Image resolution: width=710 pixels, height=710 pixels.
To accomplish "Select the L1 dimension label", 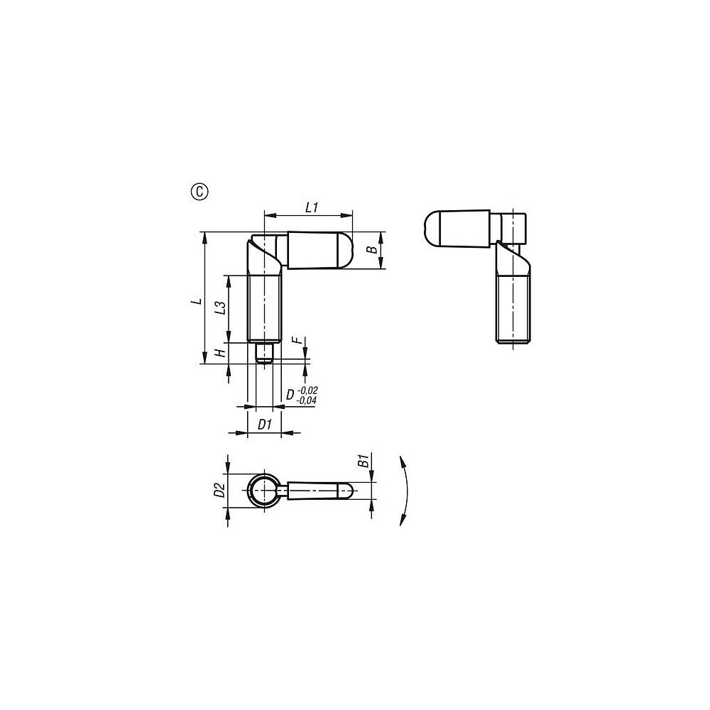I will tap(311, 207).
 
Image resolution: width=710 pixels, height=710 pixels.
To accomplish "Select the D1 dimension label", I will tap(264, 425).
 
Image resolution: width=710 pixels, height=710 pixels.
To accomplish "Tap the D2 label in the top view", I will tap(219, 490).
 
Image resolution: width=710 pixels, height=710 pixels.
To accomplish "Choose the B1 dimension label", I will tap(362, 461).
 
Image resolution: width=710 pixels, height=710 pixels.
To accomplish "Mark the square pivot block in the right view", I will tap(513, 227).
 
